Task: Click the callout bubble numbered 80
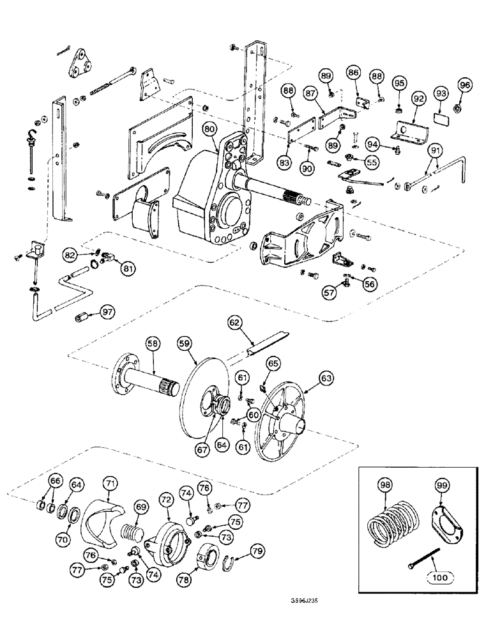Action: (x=209, y=128)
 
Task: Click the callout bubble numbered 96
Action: (x=464, y=84)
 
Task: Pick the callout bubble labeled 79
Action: (x=257, y=549)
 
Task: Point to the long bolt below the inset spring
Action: (x=422, y=560)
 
